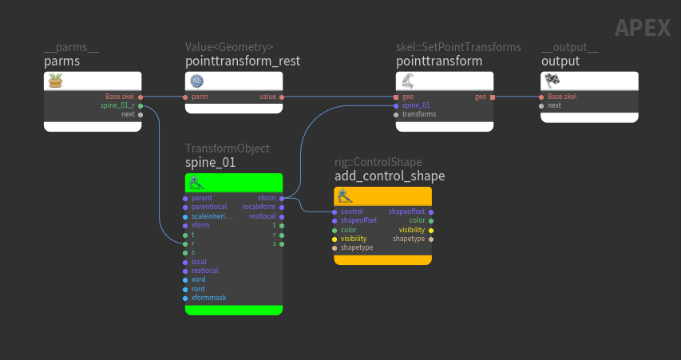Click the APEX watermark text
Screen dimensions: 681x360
(643, 28)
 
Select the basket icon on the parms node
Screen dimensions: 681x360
(56, 81)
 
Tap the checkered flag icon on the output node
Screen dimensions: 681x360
(552, 81)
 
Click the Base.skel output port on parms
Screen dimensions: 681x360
(141, 97)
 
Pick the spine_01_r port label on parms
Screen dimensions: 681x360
(117, 105)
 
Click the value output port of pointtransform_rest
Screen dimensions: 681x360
(282, 97)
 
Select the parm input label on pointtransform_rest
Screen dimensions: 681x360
(200, 97)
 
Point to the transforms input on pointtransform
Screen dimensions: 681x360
(418, 114)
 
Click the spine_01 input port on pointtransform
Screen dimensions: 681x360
(396, 105)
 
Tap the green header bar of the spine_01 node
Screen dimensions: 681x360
(234, 182)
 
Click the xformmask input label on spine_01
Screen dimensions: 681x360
(208, 298)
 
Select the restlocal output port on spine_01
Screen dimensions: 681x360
(282, 216)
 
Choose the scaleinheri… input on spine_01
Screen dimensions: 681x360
(212, 216)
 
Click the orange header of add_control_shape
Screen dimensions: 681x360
(382, 196)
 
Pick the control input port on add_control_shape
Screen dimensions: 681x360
(335, 212)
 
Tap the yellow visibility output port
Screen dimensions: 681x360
(431, 230)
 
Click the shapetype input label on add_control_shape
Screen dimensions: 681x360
(357, 247)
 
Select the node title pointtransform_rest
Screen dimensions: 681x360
(243, 61)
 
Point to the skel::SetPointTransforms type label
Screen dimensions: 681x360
(458, 47)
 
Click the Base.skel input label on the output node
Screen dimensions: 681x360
(562, 97)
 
